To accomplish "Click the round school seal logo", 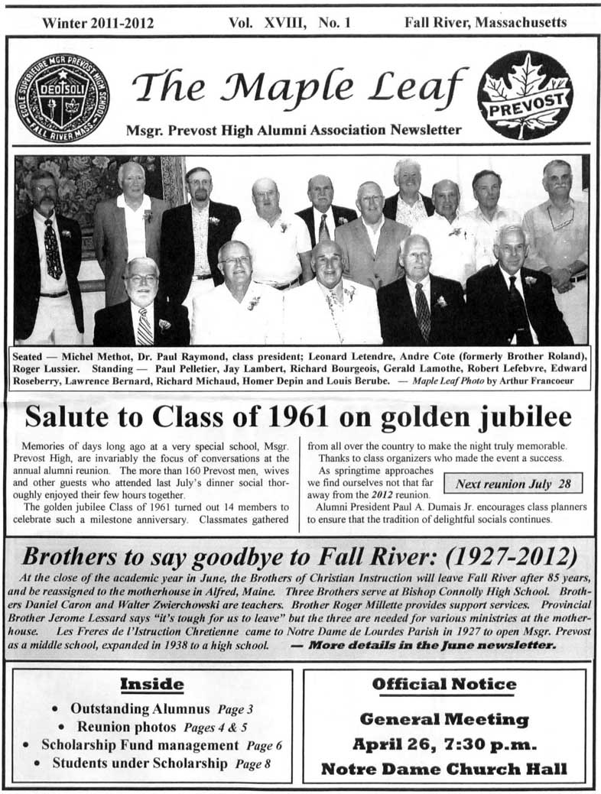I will [62, 97].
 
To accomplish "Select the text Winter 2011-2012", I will [98, 23].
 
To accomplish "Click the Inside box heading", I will [152, 682].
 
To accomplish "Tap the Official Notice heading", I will [444, 683].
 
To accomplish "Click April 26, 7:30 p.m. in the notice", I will [444, 744].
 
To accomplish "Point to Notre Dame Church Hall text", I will [444, 768].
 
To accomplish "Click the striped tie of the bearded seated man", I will [145, 326].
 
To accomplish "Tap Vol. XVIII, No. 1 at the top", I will [290, 23].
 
